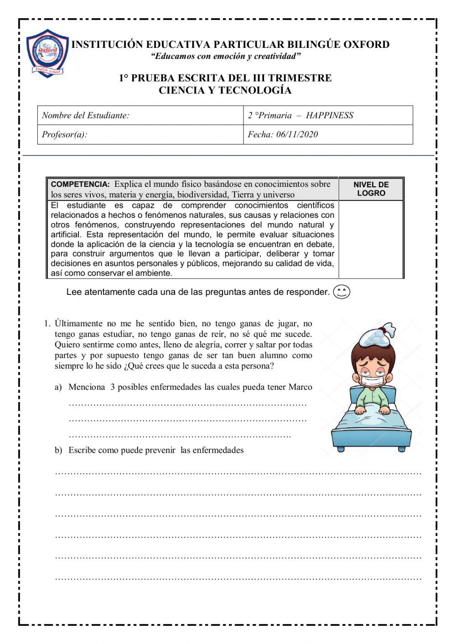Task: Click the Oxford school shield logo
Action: (x=47, y=53)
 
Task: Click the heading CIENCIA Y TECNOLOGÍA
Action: (x=225, y=90)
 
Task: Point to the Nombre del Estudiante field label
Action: (x=85, y=116)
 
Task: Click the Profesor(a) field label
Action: (x=64, y=134)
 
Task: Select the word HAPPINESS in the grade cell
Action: (x=329, y=116)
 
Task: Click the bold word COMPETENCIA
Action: (x=80, y=185)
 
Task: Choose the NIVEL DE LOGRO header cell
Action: (x=371, y=189)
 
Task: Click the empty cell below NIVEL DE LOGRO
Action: (x=371, y=239)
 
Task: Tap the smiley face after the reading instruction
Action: (x=342, y=292)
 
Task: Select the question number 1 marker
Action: (x=47, y=324)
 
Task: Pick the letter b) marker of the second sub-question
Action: (x=58, y=450)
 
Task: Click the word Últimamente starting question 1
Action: (x=78, y=324)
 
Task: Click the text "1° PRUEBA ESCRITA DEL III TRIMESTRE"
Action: (x=225, y=78)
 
